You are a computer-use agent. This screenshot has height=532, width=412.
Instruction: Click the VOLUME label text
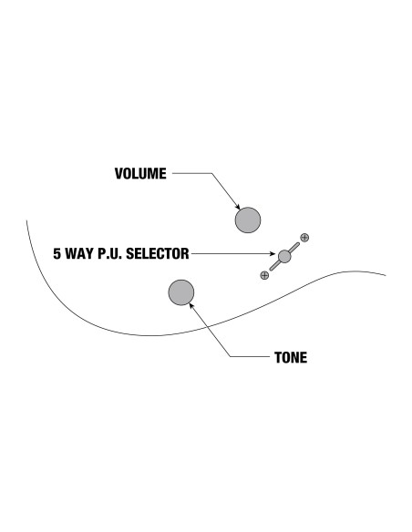[140, 174]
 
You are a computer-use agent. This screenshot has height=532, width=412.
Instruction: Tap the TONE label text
[291, 358]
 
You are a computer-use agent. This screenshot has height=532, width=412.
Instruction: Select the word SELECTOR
[158, 254]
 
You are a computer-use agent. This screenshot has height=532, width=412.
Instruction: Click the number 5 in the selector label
[57, 254]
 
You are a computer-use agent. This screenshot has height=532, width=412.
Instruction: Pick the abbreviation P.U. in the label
[110, 254]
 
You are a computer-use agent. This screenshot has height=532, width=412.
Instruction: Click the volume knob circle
[248, 220]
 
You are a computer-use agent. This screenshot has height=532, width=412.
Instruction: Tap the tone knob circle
[181, 292]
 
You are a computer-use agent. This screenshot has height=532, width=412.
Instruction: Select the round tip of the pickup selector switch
[284, 257]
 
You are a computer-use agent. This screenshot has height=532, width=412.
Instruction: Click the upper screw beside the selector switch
[304, 238]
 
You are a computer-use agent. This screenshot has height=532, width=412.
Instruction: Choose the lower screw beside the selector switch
[264, 275]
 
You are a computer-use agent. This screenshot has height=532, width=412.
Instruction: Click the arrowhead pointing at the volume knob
[238, 208]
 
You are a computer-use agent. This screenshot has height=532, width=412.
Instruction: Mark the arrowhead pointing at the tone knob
[191, 305]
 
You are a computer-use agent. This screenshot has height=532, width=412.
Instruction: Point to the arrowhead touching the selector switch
[273, 253]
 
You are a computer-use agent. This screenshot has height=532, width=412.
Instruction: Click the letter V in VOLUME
[118, 174]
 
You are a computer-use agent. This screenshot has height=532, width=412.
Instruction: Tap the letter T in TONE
[278, 358]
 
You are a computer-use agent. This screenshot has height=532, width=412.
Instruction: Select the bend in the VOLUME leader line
[212, 173]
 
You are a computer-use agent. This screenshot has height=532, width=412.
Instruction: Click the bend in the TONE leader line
[231, 356]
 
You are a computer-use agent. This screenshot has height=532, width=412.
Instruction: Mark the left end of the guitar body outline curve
[26, 220]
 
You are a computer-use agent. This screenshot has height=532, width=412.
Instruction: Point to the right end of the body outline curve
[386, 275]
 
